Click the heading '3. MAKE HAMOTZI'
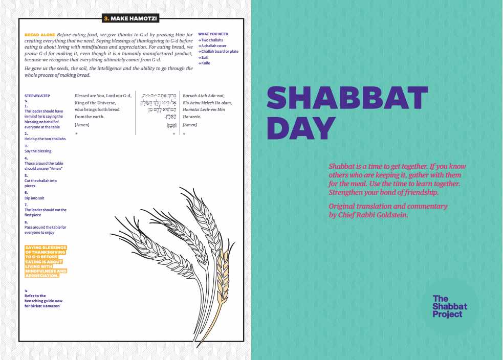130,19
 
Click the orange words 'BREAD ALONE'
40,34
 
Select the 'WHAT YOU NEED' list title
213,34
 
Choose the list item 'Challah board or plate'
220,51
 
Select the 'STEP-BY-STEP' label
37,96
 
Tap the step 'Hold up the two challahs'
45,139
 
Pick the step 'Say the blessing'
38,151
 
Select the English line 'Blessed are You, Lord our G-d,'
103,96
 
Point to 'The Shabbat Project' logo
449,306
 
